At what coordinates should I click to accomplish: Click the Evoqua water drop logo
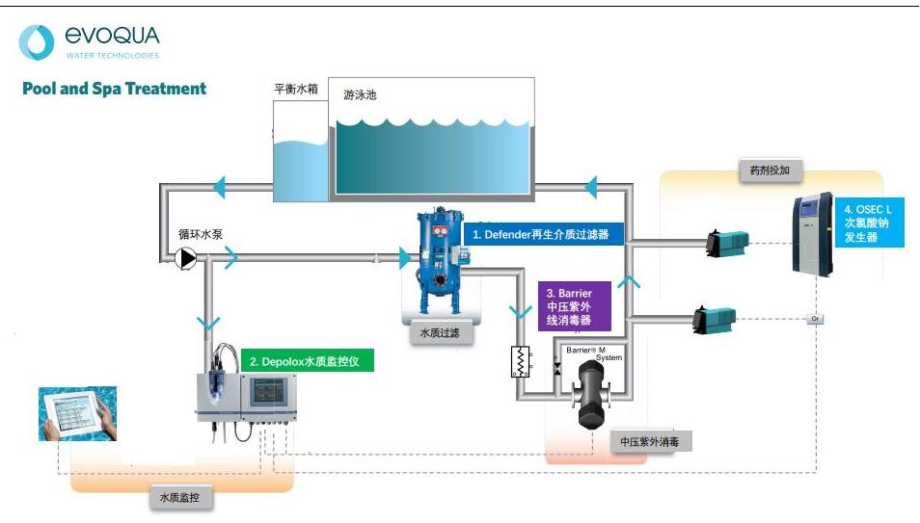[37, 42]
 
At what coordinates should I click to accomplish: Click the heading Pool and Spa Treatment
[114, 89]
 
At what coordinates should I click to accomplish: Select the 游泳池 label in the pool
[360, 95]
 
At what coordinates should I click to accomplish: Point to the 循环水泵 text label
[200, 234]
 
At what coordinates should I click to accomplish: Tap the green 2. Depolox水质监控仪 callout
[307, 361]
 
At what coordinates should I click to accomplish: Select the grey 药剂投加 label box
[770, 170]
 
